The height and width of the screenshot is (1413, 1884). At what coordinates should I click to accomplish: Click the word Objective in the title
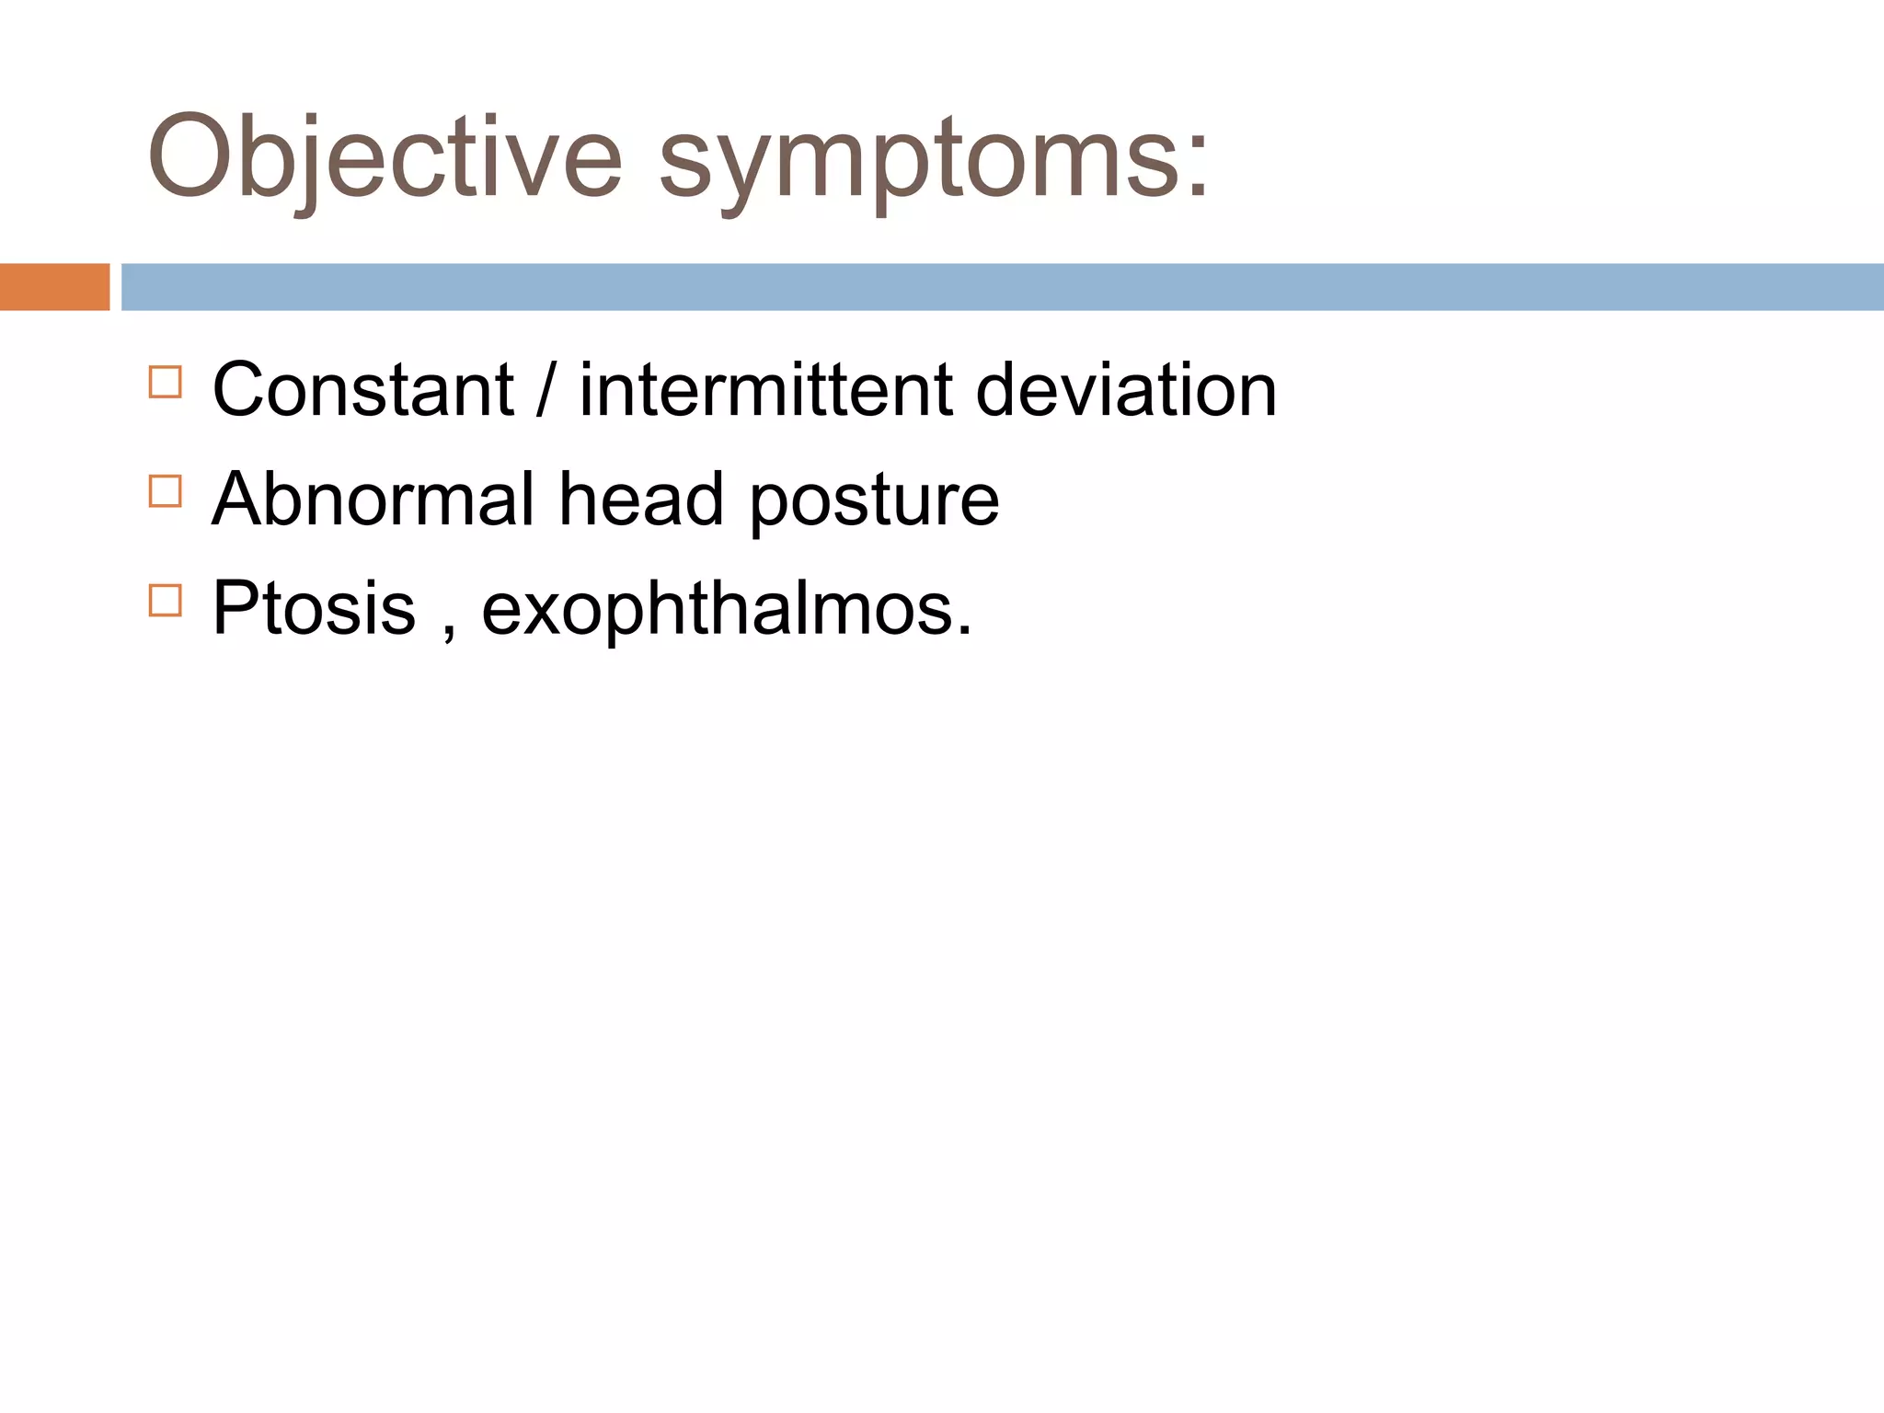(x=385, y=156)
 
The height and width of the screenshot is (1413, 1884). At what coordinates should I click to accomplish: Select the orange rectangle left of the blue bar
(x=54, y=287)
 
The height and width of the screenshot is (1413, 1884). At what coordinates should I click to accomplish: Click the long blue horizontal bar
(x=1001, y=287)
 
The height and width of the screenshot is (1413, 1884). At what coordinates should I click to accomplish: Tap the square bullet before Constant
(x=166, y=382)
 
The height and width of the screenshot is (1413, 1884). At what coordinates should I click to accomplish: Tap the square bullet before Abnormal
(x=166, y=491)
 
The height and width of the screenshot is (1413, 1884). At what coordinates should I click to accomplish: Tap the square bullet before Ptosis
(x=166, y=601)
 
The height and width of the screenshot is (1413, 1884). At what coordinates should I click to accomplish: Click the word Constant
(x=362, y=390)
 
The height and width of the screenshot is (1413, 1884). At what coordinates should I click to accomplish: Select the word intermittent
(x=765, y=390)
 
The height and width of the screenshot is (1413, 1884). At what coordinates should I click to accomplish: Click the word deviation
(x=1125, y=390)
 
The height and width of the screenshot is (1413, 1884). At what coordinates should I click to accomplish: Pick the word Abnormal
(x=373, y=499)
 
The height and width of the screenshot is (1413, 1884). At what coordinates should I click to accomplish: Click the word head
(x=641, y=499)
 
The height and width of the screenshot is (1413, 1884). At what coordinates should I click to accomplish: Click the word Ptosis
(x=314, y=608)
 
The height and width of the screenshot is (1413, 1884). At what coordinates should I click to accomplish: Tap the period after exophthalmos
(x=963, y=631)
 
